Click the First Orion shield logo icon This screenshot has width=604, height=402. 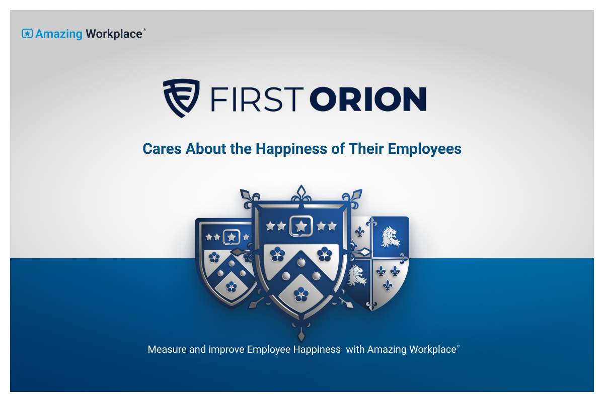181,98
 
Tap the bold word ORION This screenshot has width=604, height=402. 368,99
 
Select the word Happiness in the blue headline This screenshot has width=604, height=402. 291,149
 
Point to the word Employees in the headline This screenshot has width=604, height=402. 424,149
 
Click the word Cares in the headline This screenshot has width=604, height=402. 162,149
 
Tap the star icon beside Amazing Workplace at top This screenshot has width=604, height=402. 27,34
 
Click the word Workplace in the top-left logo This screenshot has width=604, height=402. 114,34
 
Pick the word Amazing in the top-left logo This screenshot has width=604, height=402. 59,35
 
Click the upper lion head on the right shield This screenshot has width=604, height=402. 390,237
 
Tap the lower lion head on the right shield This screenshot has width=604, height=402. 357,275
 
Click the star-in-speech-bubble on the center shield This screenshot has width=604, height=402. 301,226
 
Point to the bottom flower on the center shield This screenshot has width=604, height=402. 301,294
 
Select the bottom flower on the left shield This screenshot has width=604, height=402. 232,286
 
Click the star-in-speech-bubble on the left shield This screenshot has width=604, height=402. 232,237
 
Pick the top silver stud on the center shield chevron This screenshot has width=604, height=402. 301,262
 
